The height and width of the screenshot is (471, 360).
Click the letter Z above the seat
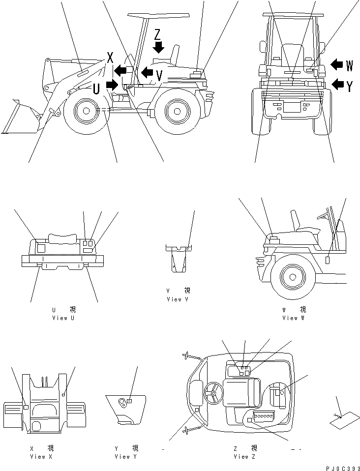[x=157, y=34]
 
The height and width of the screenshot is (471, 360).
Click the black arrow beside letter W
[x=337, y=64]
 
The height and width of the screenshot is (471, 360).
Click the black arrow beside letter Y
[x=337, y=85]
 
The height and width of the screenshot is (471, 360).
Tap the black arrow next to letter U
[x=112, y=85]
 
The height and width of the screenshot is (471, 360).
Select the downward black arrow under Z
[x=158, y=48]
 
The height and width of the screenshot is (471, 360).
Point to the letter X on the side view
[x=110, y=58]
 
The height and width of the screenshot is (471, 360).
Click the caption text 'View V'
[x=178, y=299]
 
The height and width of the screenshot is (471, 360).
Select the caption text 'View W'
[x=294, y=318]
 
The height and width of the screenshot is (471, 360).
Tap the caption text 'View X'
[x=41, y=457]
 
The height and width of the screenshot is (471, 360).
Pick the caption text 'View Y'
[x=126, y=457]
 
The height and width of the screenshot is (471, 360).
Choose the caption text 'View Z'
[x=244, y=457]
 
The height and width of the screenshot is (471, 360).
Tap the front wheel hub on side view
[x=86, y=111]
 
